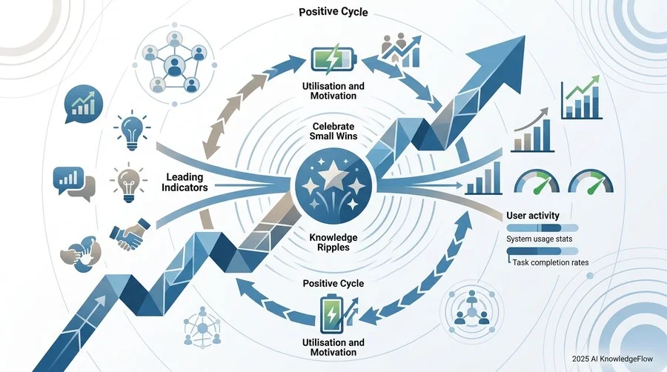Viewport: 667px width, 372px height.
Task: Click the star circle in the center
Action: click(x=333, y=186)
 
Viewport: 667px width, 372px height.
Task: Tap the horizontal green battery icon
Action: click(x=333, y=59)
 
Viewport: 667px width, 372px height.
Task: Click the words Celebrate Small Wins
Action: click(x=333, y=131)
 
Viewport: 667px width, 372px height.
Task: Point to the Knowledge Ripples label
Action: click(x=333, y=242)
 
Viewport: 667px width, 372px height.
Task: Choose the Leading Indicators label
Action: click(x=185, y=182)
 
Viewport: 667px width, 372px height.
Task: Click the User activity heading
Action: click(x=533, y=216)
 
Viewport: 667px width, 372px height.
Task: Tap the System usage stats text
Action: click(x=539, y=239)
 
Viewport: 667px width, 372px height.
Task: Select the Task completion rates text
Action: click(x=551, y=262)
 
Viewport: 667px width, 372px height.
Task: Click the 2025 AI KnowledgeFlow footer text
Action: click(x=612, y=359)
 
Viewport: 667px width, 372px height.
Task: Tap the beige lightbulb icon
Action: click(x=129, y=184)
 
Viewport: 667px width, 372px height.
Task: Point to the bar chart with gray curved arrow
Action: click(x=532, y=130)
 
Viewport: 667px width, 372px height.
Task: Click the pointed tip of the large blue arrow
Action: click(x=525, y=36)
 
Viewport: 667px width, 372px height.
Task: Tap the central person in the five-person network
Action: click(x=173, y=66)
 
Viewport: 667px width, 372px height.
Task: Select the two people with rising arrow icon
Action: click(x=400, y=50)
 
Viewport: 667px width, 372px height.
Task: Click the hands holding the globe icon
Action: click(x=81, y=254)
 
